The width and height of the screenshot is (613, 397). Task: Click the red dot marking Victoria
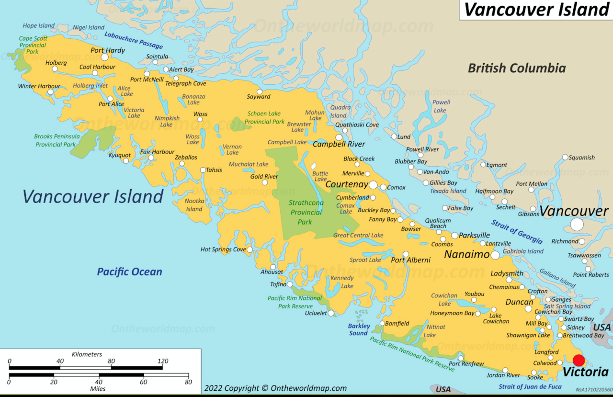coord(579,360)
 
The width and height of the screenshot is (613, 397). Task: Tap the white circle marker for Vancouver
coord(577,224)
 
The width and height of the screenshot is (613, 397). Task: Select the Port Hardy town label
coord(108,50)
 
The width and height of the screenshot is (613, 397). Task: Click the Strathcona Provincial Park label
coord(306,212)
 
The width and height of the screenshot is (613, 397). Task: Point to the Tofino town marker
coord(290,284)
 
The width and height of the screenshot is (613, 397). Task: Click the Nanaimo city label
coord(466,254)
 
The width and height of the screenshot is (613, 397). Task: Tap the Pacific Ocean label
coord(129,272)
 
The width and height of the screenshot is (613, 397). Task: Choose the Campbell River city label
coord(339,144)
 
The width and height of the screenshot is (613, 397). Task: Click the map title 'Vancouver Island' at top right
coord(536,10)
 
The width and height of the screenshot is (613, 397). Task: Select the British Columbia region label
coord(517,68)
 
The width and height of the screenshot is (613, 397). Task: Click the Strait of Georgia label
coord(517,232)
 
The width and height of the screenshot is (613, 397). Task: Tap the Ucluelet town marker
coord(331,313)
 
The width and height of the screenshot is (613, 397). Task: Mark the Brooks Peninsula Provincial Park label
coord(57,140)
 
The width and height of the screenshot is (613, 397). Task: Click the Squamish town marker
coord(565,157)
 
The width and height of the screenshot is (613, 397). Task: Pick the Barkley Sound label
coord(359,329)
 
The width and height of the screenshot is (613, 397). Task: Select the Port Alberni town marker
coord(406,254)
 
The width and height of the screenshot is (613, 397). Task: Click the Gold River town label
coord(264,176)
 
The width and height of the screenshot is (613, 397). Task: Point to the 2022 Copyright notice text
coord(275,388)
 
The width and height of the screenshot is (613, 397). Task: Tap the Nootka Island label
coord(194,205)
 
